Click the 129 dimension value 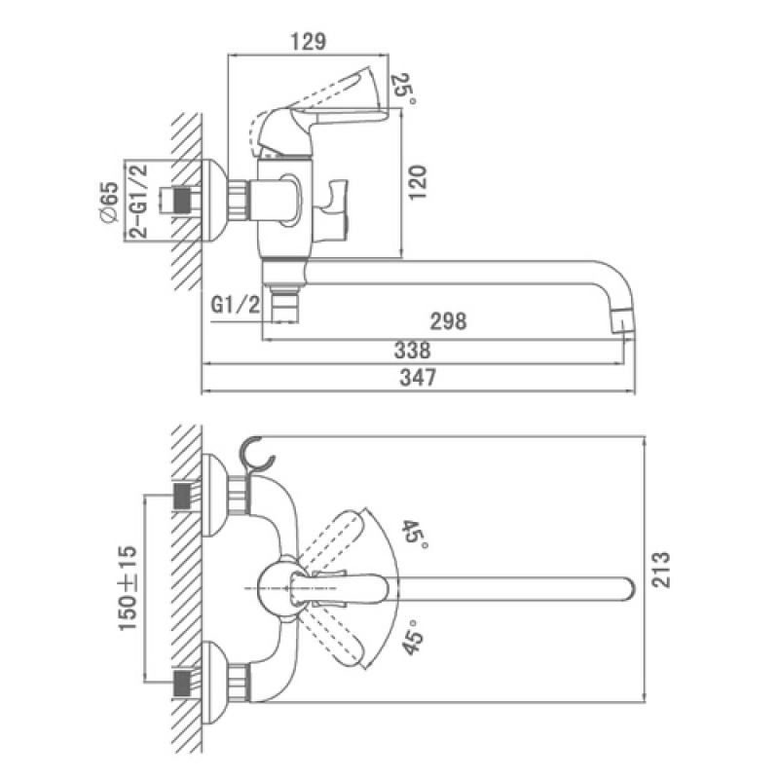point(308,42)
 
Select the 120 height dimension point(418,182)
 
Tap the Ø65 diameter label point(109,203)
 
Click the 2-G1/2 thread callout point(139,201)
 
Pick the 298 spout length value point(448,321)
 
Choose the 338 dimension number point(412,351)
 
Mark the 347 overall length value point(418,378)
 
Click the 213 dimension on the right point(661,570)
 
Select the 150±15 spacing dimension point(128,588)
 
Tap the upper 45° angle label point(413,534)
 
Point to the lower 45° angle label point(412,637)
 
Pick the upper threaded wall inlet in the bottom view point(182,496)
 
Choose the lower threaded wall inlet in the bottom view point(182,683)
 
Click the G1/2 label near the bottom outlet point(236,304)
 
